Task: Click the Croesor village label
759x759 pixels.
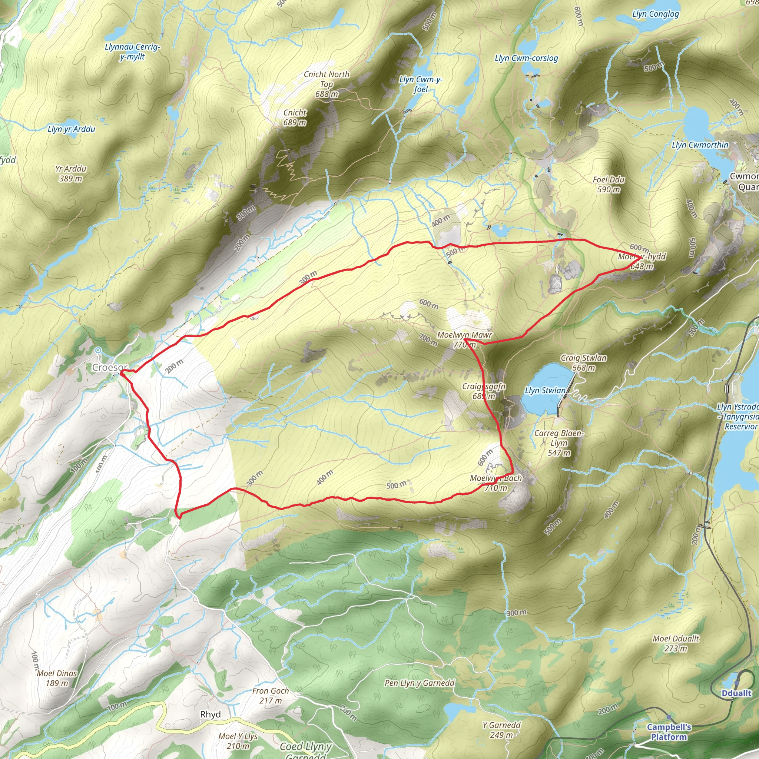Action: [x=110, y=368]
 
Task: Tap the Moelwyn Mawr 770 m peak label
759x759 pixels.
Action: [x=464, y=340]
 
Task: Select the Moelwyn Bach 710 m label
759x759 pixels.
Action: [x=496, y=483]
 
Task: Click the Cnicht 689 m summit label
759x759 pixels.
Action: [x=295, y=117]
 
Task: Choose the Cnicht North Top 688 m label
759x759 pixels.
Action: [x=327, y=84]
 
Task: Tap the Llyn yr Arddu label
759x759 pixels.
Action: [x=72, y=129]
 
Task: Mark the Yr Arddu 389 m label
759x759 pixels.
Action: [x=71, y=173]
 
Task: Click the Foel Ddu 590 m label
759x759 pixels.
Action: [x=609, y=184]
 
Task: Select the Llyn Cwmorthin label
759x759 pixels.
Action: [x=700, y=145]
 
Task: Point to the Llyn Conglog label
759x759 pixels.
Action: [x=655, y=14]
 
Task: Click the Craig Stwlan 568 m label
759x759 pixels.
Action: [x=583, y=362]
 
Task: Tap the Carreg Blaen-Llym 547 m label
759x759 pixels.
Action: [x=559, y=443]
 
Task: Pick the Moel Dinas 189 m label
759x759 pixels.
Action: [x=57, y=678]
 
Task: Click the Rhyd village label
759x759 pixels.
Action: [x=211, y=714]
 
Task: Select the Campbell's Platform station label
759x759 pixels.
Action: [x=669, y=732]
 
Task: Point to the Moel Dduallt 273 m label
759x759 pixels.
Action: [x=676, y=643]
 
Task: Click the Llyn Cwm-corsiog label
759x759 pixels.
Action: [x=526, y=58]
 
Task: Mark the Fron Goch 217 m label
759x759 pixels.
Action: [x=271, y=695]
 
